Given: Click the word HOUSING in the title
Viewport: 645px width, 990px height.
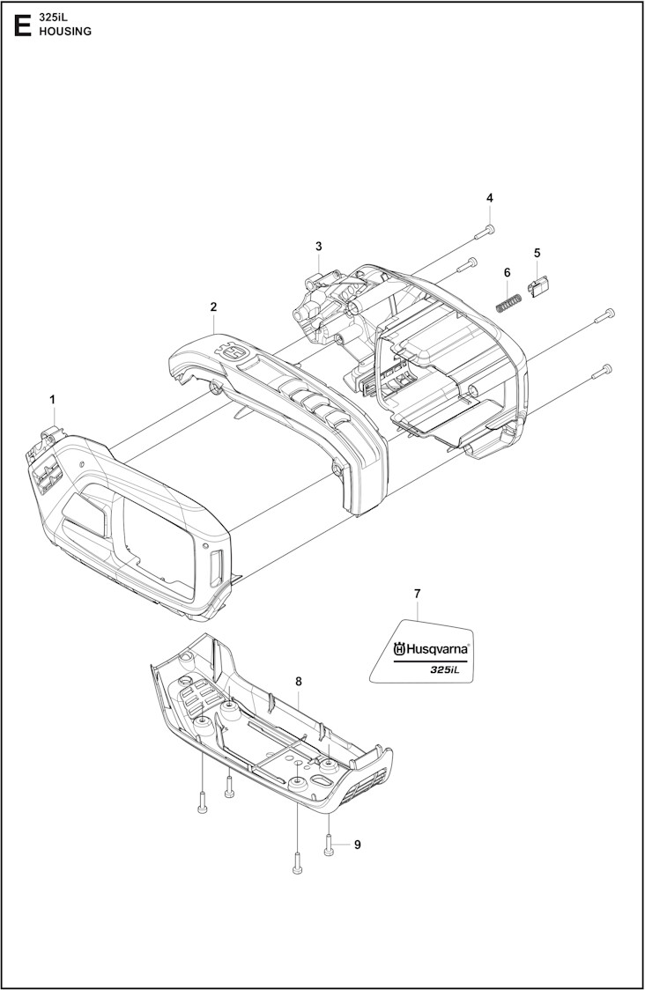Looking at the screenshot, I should [x=64, y=31].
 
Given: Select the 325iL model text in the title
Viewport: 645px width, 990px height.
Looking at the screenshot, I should [x=54, y=17].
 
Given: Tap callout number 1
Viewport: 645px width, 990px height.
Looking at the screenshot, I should [x=53, y=400].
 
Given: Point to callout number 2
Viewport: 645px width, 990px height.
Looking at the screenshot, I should [x=213, y=307].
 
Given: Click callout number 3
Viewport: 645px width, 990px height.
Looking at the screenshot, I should [x=319, y=246].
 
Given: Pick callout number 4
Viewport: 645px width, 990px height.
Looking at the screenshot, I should [x=490, y=197].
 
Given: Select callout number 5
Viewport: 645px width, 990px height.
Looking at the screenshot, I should [x=537, y=253].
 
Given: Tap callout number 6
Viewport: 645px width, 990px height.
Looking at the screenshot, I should [x=508, y=272].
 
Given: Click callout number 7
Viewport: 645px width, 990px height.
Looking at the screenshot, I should [x=418, y=594].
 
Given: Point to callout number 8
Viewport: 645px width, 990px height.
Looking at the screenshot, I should [x=299, y=681].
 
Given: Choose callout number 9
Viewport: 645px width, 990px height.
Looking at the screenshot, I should [x=357, y=845].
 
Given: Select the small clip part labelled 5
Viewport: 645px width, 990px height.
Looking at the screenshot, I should [x=538, y=284].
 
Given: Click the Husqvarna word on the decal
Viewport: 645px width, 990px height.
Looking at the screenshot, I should [x=438, y=650].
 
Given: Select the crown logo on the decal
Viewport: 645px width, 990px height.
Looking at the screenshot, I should [x=399, y=650].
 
